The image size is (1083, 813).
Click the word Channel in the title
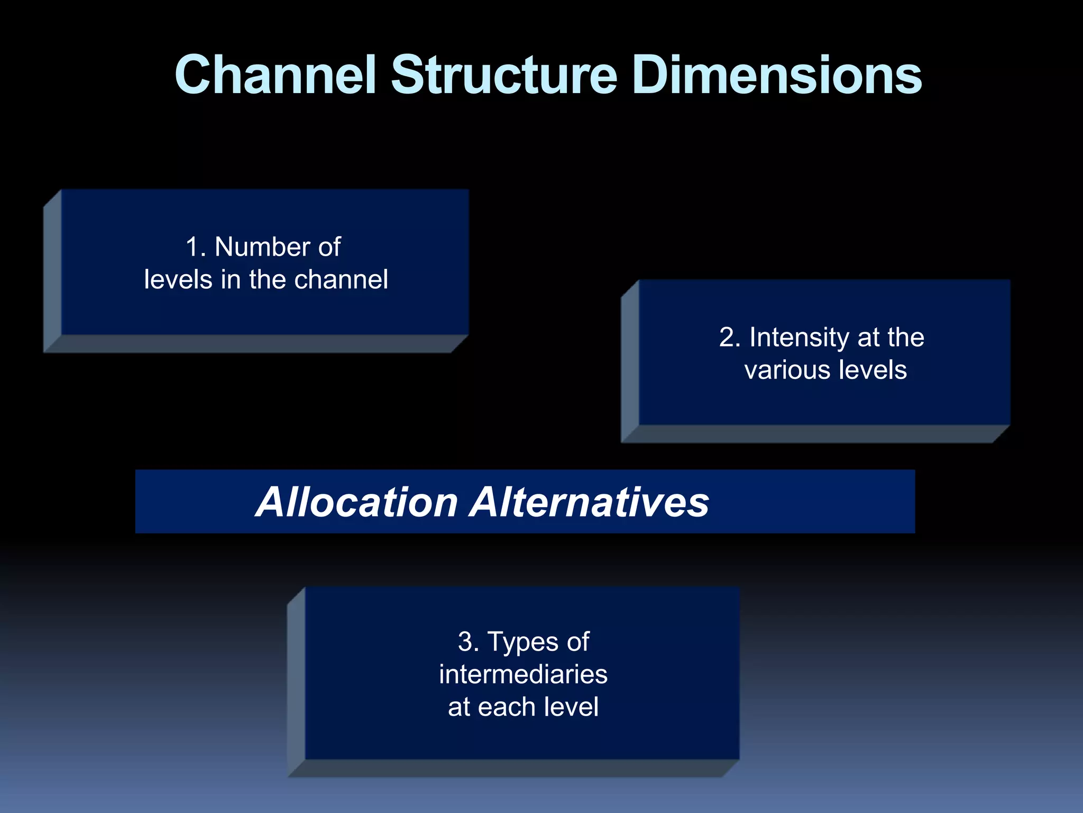tap(275, 75)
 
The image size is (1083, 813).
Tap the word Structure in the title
tap(503, 75)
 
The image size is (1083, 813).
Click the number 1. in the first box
tap(196, 247)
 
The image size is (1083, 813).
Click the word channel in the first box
tap(341, 279)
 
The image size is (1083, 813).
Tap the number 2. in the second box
tap(729, 338)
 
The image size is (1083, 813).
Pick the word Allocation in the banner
tap(357, 502)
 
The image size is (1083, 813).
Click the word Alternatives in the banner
tap(590, 502)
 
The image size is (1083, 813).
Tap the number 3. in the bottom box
tap(469, 643)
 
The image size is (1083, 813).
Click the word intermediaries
tap(523, 675)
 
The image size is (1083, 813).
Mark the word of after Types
tap(577, 643)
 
